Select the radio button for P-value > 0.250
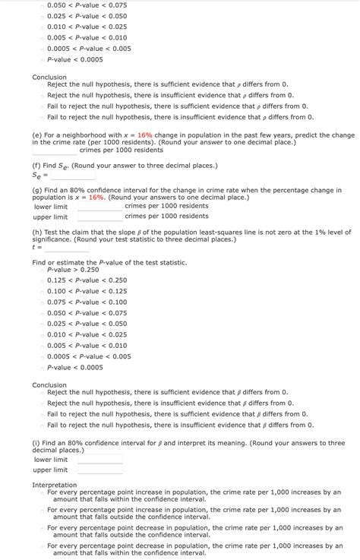click(43, 269)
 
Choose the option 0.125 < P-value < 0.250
click(43, 280)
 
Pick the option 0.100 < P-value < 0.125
click(43, 291)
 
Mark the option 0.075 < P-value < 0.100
click(43, 302)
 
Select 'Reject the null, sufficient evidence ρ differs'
click(43, 84)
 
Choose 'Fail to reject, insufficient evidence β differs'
click(43, 425)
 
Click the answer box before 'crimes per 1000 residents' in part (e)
click(54, 150)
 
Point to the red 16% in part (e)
click(145, 134)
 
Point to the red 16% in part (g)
click(96, 197)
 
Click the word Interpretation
click(54, 485)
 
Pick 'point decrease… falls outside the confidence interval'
click(43, 527)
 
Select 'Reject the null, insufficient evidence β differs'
click(43, 403)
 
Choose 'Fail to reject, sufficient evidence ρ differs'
click(43, 106)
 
